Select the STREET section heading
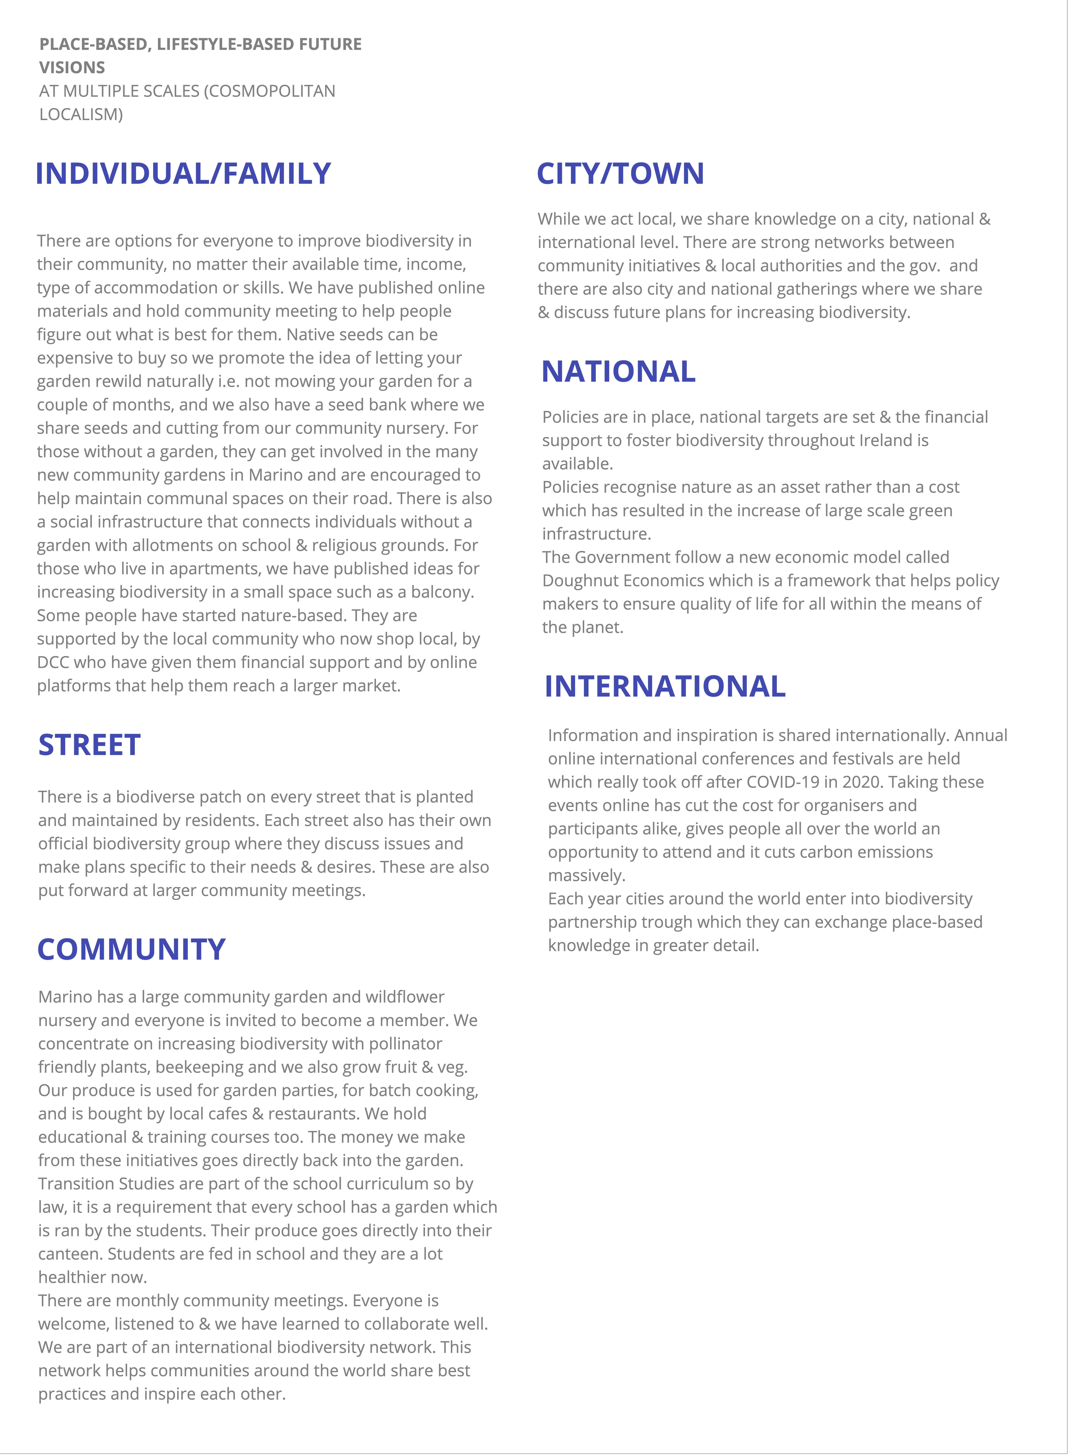[x=89, y=745]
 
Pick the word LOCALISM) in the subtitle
[x=81, y=115]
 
